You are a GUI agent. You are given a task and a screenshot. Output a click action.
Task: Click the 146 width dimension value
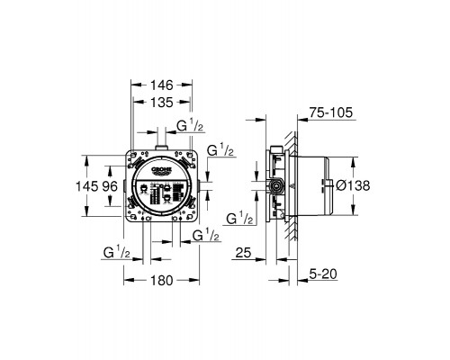tap(162, 85)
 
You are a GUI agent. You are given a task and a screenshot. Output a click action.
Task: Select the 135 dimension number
tap(162, 103)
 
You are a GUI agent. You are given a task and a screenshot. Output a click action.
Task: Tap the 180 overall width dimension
tap(162, 281)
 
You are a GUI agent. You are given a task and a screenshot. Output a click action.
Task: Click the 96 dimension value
tap(110, 186)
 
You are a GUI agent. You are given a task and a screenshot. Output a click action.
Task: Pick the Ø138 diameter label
tap(353, 185)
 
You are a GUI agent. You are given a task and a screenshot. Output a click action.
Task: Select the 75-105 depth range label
tap(331, 113)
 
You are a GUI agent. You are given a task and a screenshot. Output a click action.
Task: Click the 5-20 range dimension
tap(323, 274)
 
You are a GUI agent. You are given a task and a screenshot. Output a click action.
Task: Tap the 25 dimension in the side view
tap(243, 253)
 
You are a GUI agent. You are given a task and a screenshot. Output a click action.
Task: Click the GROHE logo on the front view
tap(162, 170)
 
